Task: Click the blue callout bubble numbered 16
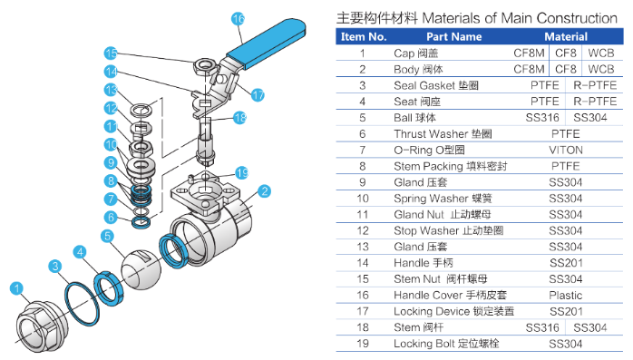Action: click(x=239, y=18)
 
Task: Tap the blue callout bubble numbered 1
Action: click(x=16, y=288)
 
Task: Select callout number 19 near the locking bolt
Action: click(x=242, y=173)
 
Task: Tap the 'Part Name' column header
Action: click(x=453, y=37)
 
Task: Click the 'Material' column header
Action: click(x=566, y=37)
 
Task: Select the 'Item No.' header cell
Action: click(x=364, y=37)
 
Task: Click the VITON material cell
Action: click(x=566, y=151)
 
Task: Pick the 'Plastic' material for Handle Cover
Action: click(x=566, y=296)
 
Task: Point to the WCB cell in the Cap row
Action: click(x=601, y=53)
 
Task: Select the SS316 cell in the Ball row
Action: click(x=542, y=118)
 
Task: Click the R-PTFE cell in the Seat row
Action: click(x=595, y=102)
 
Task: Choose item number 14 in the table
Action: click(x=363, y=263)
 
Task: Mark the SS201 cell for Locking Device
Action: click(x=566, y=311)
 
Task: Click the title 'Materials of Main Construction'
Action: click(x=520, y=18)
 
